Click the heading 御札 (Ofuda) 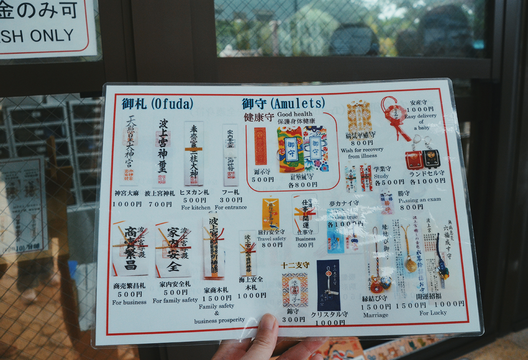[x=157, y=104]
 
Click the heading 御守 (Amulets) [x=283, y=103]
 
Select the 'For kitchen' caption [x=196, y=207]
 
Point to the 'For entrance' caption [x=231, y=207]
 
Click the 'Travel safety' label [x=271, y=239]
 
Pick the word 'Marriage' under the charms [x=375, y=315]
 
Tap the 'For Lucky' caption [x=433, y=312]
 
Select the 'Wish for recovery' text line [x=362, y=150]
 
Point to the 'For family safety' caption [x=175, y=300]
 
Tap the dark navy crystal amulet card [x=328, y=285]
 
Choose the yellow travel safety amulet [x=271, y=214]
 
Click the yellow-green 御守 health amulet [x=290, y=149]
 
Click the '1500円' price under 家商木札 [x=217, y=299]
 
